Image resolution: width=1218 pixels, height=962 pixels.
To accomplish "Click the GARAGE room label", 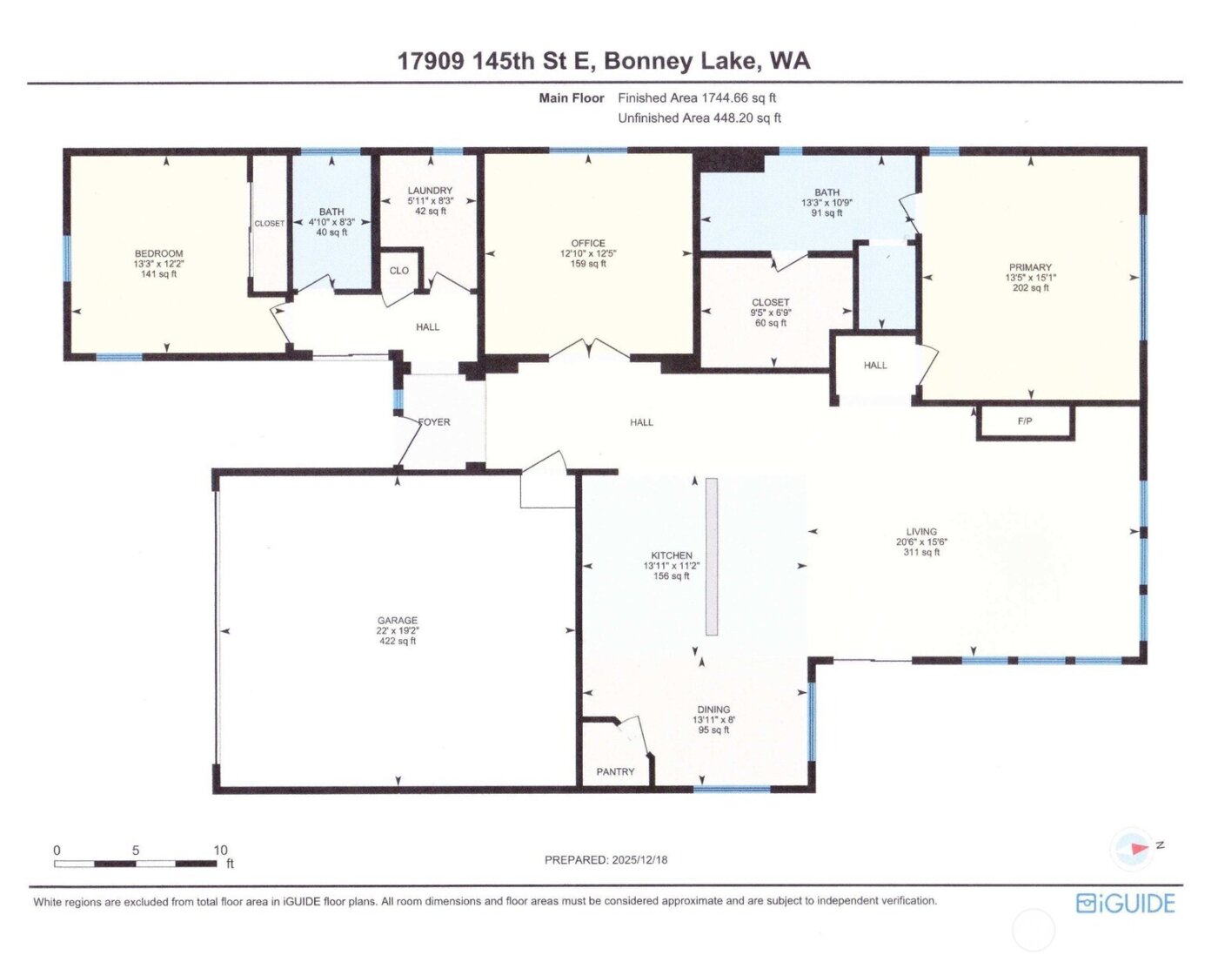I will pos(397,622).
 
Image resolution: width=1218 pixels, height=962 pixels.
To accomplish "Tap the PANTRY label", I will pos(615,771).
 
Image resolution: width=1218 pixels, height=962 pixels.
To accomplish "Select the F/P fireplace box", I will pos(1025,421).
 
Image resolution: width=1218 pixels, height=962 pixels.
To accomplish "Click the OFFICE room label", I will pos(588,244).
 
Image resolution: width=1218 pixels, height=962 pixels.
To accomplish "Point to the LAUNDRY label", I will pos(430,191).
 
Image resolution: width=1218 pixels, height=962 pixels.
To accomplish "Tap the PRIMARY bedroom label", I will pos(1030,268).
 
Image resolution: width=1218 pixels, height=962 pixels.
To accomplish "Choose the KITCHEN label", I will pos(672,555).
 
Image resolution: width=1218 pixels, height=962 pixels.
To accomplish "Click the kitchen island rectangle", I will pos(712,556).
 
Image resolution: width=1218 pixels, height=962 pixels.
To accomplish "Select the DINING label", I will pos(713,710).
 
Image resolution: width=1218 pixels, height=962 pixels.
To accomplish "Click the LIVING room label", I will pos(921,532).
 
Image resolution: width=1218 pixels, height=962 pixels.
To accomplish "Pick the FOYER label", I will pos(434,422).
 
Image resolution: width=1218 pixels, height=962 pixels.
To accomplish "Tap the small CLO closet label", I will pos(399,271).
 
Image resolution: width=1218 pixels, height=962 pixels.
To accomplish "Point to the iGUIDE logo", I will pos(1125,903).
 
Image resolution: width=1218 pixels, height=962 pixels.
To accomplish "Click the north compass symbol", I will pos(1135,847).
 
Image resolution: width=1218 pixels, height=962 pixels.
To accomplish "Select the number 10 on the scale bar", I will pos(220,850).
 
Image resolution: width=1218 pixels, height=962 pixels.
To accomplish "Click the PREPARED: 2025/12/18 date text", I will pos(606,860).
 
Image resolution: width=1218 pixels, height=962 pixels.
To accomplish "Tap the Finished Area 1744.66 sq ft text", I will pos(697,98).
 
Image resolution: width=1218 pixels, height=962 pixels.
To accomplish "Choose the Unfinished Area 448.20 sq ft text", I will pos(699,118).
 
